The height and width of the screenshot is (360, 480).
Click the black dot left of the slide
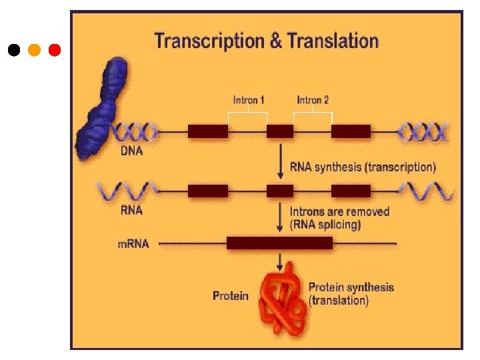14,50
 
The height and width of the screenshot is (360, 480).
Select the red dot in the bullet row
55,50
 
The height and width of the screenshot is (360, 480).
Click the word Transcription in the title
209,41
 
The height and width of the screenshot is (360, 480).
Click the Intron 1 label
249,100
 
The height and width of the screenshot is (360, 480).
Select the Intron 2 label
313,100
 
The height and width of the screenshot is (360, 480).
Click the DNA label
131,151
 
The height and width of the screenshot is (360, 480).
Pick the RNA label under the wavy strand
131,210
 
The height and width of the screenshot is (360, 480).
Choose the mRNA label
133,244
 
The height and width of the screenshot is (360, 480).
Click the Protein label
231,295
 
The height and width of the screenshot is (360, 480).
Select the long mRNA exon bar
279,243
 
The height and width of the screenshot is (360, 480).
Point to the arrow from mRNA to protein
280,260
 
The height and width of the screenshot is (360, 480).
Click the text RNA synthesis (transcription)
363,167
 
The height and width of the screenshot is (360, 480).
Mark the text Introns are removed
339,211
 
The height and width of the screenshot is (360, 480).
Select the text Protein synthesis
351,288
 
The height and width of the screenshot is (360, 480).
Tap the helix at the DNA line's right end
424,131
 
